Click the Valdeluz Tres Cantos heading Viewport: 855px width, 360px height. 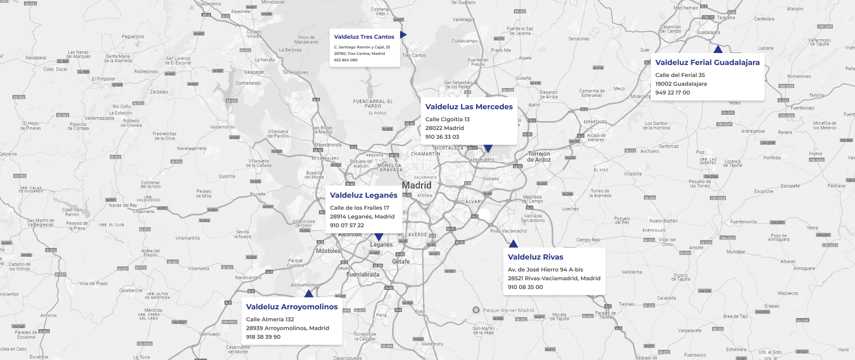click(x=364, y=37)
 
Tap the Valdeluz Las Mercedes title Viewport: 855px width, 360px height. click(x=469, y=107)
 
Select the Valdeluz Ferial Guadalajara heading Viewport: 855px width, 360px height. click(x=707, y=63)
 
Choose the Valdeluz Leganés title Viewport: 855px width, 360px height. click(x=363, y=195)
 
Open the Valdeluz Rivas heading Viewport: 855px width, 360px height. click(x=535, y=257)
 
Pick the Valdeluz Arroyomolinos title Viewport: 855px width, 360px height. click(x=292, y=307)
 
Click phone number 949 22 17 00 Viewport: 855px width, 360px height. click(x=672, y=93)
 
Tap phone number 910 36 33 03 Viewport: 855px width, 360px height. click(x=442, y=137)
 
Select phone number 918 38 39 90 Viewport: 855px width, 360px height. click(x=263, y=337)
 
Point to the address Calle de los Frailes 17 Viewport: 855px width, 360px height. click(x=360, y=208)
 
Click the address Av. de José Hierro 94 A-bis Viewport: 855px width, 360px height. click(x=545, y=270)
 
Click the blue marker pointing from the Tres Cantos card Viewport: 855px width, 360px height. click(x=403, y=35)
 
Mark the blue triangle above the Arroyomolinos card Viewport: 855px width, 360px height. click(x=309, y=294)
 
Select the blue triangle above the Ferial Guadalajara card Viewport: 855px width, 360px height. click(x=718, y=49)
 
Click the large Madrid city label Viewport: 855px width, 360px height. click(x=417, y=185)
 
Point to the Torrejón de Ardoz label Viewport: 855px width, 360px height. click(x=539, y=157)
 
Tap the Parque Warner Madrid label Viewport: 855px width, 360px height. click(x=508, y=310)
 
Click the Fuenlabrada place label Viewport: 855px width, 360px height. click(x=363, y=274)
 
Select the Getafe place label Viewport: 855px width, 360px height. click(x=401, y=261)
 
